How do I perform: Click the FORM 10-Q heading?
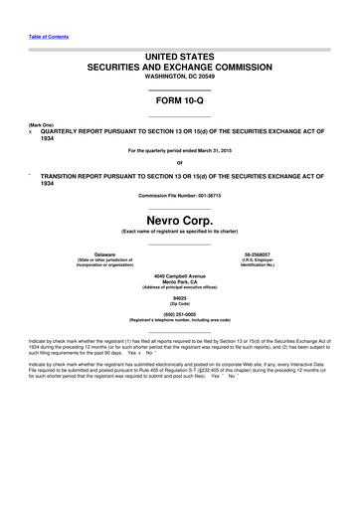[179, 101]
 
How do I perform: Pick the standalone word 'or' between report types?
[179, 163]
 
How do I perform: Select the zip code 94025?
[179, 298]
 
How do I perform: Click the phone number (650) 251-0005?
[179, 314]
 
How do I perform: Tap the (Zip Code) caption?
[179, 304]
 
